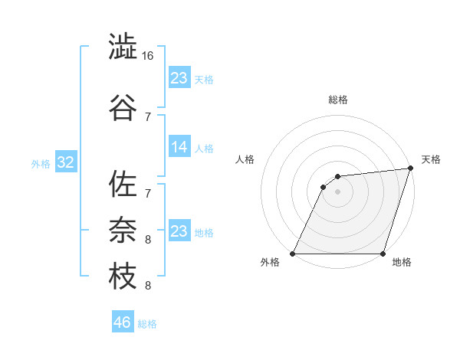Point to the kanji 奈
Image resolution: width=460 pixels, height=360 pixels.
point(123,230)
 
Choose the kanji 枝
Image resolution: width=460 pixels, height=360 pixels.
point(123,276)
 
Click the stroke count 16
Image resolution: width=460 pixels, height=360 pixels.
point(149,56)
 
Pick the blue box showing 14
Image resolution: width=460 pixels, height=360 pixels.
point(179,147)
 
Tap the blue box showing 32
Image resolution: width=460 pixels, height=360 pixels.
point(65,163)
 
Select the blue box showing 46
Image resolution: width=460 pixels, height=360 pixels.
point(123,322)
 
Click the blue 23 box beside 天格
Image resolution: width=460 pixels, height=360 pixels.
point(179,78)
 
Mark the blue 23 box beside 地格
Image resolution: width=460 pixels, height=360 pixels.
point(179,231)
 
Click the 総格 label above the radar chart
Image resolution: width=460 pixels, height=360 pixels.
point(338,100)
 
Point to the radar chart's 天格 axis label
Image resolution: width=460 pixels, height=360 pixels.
point(431,159)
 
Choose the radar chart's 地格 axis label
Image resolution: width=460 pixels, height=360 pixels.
point(402,263)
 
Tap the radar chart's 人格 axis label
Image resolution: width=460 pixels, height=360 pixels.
point(245,159)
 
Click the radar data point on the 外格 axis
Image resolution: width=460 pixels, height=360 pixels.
point(293,254)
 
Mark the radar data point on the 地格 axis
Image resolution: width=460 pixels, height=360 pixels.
point(383,254)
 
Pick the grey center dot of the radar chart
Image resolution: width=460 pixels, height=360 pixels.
point(337,191)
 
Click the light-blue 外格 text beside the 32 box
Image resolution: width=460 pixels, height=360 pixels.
point(40,164)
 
